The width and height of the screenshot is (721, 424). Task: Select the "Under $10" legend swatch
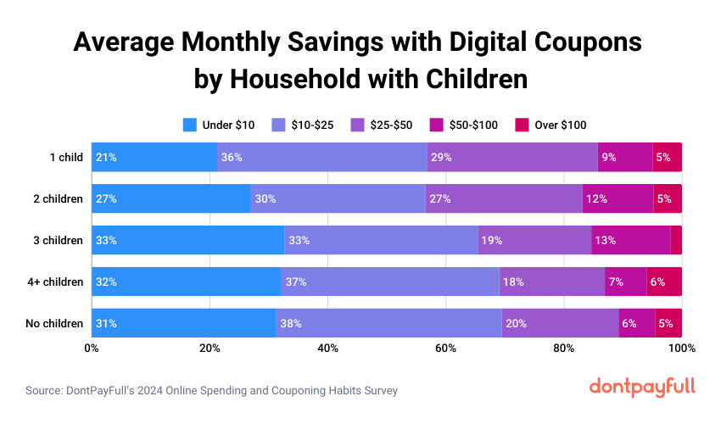click(190, 125)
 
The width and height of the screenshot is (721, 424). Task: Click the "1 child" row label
click(66, 157)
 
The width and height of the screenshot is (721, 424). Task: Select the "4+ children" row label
click(56, 282)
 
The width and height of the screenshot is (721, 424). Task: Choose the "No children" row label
click(55, 323)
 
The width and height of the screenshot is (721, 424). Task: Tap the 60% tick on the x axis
click(445, 349)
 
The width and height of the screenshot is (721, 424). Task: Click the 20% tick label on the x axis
click(210, 349)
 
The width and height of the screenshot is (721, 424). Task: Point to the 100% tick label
click(681, 349)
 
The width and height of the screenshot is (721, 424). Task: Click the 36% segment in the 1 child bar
click(321, 157)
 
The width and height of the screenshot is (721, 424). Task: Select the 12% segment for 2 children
click(618, 198)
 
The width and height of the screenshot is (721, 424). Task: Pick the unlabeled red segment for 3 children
click(676, 240)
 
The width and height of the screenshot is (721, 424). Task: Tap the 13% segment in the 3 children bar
click(630, 240)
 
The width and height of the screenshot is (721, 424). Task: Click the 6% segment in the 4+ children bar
click(664, 282)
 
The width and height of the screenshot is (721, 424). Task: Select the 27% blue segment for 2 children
click(170, 198)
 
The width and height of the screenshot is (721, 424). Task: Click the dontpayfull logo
click(642, 387)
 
